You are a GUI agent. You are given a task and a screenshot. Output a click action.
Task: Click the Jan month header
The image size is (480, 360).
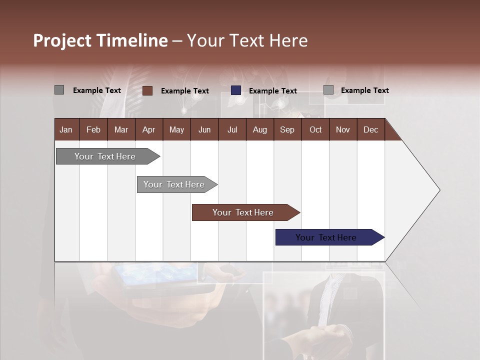[x=66, y=129]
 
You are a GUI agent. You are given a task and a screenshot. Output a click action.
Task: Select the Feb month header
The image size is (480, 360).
[x=93, y=129]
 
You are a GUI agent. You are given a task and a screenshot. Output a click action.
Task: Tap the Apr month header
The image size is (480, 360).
[x=148, y=129]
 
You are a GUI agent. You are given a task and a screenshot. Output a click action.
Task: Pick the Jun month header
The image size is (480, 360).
[x=204, y=129]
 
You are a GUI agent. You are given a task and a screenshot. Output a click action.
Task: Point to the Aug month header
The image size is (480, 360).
[x=259, y=129]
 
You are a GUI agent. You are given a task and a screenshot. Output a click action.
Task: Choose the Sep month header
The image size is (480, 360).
[x=287, y=129]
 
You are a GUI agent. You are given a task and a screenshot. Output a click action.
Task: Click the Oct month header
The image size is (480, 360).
[x=315, y=129]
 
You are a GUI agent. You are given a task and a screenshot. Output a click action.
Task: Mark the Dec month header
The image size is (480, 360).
[x=370, y=129]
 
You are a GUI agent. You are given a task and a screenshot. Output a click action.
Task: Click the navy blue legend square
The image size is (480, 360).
[x=236, y=90]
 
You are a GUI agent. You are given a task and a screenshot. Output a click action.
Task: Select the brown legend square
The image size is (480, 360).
[x=147, y=90]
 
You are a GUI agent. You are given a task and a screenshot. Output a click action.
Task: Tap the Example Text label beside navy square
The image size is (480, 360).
[x=272, y=91]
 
